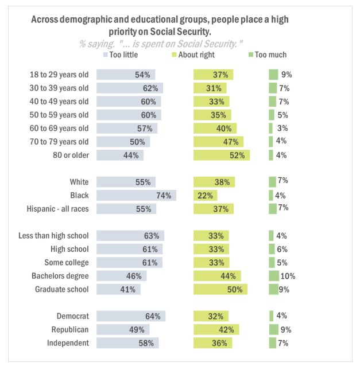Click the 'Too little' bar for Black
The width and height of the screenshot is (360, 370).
pyautogui.click(x=136, y=195)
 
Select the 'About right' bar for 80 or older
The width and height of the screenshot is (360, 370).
pyautogui.click(x=221, y=155)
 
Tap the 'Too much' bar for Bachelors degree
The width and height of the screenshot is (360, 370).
pyautogui.click(x=274, y=276)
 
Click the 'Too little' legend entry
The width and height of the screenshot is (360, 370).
pyautogui.click(x=121, y=55)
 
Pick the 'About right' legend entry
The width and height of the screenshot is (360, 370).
pyautogui.click(x=193, y=55)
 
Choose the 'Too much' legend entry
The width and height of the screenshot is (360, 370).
pyautogui.click(x=267, y=55)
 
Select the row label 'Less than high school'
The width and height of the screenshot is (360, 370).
pyautogui.click(x=53, y=236)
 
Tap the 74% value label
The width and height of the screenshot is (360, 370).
pyautogui.click(x=164, y=196)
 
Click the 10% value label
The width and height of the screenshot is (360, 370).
pyautogui.click(x=288, y=276)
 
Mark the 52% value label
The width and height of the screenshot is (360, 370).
pyautogui.click(x=237, y=155)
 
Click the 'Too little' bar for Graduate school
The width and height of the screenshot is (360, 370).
pyautogui.click(x=118, y=289)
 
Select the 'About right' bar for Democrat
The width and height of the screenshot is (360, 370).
pyautogui.click(x=211, y=316)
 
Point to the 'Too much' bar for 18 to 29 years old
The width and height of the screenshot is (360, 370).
pyautogui.click(x=273, y=75)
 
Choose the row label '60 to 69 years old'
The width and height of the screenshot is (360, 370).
pyautogui.click(x=59, y=127)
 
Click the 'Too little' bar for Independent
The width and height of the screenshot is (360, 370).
pyautogui.click(x=127, y=343)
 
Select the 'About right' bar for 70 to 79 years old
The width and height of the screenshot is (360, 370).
pyautogui.click(x=218, y=141)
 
